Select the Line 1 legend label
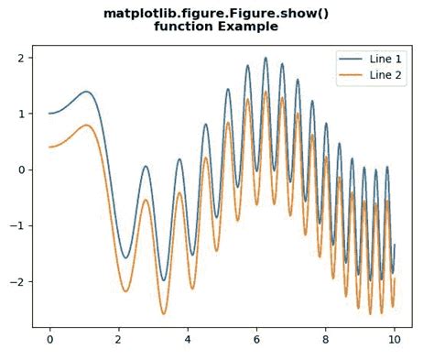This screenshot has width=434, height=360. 385,59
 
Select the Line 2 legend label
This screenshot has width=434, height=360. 385,74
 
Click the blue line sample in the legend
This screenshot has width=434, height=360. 351,59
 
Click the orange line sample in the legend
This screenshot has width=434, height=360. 351,74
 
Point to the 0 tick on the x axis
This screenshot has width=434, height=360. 49,339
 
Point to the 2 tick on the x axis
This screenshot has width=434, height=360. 118,339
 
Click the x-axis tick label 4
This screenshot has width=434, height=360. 187,339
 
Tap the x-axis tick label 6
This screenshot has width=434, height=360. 256,339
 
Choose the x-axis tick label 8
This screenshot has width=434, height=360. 325,339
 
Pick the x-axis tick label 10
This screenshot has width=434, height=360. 394,339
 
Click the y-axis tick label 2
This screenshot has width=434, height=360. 22,58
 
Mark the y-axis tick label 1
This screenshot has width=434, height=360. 22,114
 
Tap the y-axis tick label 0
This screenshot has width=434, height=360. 22,169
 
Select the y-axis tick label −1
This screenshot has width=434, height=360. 18,225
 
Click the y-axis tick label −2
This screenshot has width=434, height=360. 18,281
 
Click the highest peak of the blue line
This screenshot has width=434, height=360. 266,59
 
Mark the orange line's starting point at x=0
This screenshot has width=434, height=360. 49,147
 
